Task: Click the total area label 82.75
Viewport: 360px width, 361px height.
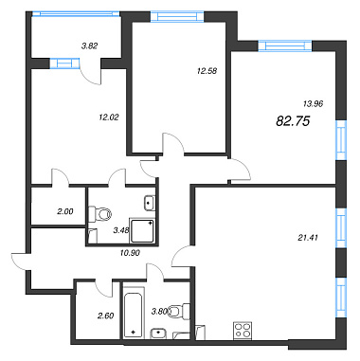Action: tap(293, 121)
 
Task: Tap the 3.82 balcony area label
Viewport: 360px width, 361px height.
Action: tap(90, 45)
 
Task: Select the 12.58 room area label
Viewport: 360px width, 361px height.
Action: tap(207, 71)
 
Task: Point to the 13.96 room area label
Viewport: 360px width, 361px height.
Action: tap(313, 103)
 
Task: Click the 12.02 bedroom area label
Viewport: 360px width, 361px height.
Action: tap(109, 117)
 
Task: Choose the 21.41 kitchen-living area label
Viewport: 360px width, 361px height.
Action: tap(308, 237)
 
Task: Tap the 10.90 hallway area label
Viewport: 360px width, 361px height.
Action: tap(130, 253)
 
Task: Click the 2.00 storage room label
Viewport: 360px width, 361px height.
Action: tap(65, 212)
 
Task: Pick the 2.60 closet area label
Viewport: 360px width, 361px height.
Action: tap(105, 316)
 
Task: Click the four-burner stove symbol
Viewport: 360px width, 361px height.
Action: tap(243, 331)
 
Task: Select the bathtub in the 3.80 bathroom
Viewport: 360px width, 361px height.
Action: tap(134, 312)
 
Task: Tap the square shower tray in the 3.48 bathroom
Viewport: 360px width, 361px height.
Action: tap(142, 230)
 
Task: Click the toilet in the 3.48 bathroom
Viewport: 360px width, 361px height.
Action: tap(100, 215)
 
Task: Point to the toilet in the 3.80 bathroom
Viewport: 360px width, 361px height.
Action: tap(179, 312)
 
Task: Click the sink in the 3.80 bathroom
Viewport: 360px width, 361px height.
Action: tap(158, 333)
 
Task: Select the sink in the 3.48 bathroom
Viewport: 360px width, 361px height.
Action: tap(150, 203)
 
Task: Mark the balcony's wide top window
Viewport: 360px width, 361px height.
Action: tap(76, 14)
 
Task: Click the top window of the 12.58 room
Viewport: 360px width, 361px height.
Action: tap(177, 16)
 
